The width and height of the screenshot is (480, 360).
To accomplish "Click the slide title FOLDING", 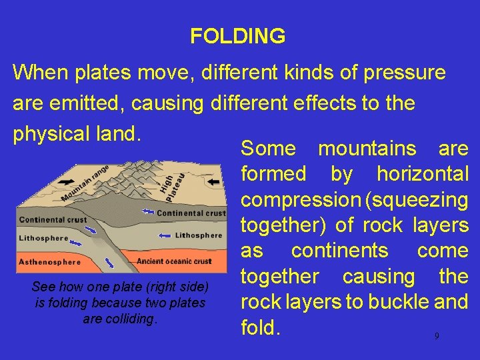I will click(x=237, y=36).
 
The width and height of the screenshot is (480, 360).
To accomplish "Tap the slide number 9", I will click(x=437, y=336).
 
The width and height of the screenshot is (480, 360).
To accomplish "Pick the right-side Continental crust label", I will click(x=191, y=213).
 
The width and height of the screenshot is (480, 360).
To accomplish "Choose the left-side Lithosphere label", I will click(x=44, y=237).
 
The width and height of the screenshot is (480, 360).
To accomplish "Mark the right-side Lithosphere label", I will click(x=198, y=235).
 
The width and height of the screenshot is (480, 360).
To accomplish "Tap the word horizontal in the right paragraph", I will click(x=423, y=174).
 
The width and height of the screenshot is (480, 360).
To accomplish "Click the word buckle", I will click(x=385, y=302).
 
